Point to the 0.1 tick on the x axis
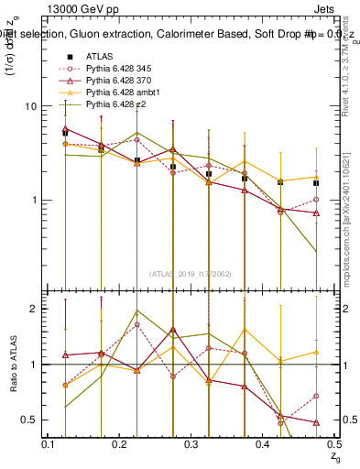(x=49, y=443)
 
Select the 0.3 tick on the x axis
(x=191, y=443)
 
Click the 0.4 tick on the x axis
(x=263, y=443)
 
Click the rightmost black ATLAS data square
(x=316, y=182)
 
